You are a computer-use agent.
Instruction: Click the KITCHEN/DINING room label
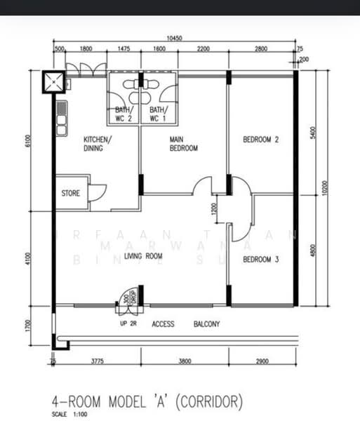(x=98, y=144)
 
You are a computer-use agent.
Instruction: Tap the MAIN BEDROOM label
(x=184, y=144)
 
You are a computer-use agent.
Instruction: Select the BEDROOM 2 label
(x=261, y=140)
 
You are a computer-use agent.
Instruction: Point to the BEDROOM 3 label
(x=261, y=260)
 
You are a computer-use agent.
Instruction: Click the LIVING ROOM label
(x=143, y=257)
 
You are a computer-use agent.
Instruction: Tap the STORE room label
(x=70, y=193)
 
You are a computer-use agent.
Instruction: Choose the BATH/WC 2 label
(x=124, y=114)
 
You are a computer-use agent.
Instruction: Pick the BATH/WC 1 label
(x=157, y=114)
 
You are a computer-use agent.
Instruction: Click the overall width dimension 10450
(x=175, y=39)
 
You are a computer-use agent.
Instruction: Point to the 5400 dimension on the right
(x=312, y=131)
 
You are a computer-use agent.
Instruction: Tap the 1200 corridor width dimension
(x=215, y=208)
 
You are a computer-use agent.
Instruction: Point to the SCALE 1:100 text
(x=68, y=415)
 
